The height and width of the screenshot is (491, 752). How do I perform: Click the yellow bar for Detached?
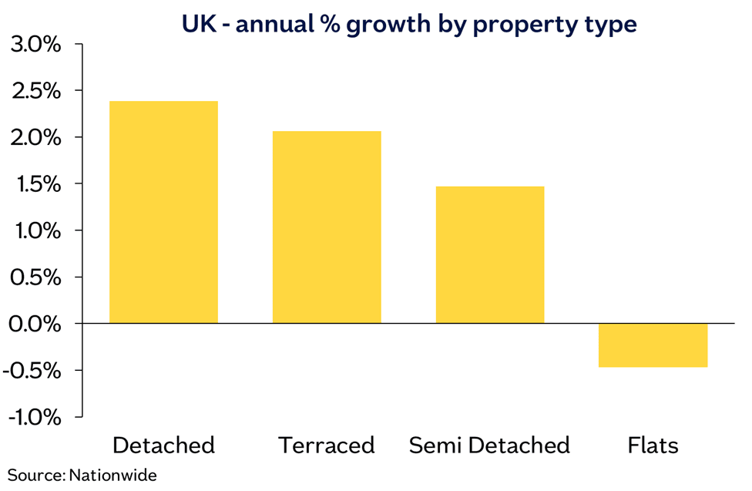[x=163, y=212]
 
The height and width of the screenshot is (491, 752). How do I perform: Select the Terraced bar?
[x=327, y=227]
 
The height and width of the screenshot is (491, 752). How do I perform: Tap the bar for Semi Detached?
[x=490, y=254]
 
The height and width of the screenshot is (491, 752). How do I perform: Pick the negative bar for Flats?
[x=653, y=345]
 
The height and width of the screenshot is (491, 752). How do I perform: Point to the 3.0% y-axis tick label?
[x=35, y=45]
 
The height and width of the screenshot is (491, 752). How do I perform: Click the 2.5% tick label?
[x=35, y=91]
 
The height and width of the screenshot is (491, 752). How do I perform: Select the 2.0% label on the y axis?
[x=35, y=138]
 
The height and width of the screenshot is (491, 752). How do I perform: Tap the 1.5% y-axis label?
[x=35, y=184]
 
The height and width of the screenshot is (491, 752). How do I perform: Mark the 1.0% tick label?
[x=35, y=230]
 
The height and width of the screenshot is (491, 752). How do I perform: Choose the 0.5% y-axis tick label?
[x=35, y=277]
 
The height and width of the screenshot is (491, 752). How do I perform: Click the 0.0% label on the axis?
[x=35, y=324]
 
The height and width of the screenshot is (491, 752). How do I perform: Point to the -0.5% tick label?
[x=32, y=371]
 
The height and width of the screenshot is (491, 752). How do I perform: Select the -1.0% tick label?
[x=32, y=417]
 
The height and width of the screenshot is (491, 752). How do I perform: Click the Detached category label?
[x=163, y=446]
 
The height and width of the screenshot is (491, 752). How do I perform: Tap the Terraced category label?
[x=327, y=446]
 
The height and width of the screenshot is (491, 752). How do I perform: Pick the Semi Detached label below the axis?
[x=489, y=446]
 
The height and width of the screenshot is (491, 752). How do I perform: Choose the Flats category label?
[x=653, y=446]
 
